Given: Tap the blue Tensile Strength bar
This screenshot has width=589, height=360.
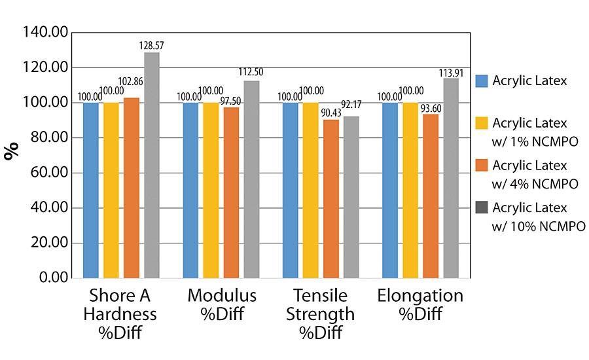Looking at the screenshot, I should click(x=290, y=190).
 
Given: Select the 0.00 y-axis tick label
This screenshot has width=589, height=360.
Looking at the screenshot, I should click(x=54, y=278).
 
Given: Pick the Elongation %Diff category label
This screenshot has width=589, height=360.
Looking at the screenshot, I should click(x=420, y=304).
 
